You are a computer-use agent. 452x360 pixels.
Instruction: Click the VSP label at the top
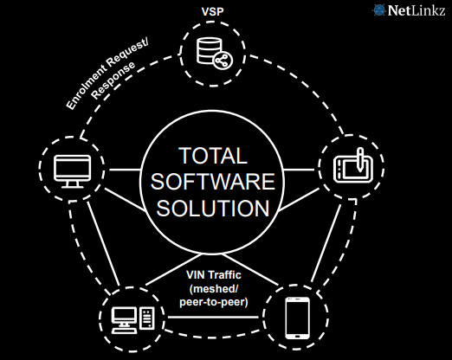pyautogui.click(x=212, y=11)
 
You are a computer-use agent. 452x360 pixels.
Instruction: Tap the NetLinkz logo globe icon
pyautogui.click(x=378, y=10)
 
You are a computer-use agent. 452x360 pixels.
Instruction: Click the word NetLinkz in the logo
pyautogui.click(x=416, y=10)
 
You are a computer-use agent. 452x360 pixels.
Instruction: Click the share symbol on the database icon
pyautogui.click(x=223, y=61)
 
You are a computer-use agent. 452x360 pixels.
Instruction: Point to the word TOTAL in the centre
pyautogui.click(x=213, y=156)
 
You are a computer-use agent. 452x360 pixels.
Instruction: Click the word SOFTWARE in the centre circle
pyautogui.click(x=213, y=182)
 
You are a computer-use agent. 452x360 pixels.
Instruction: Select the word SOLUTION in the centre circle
pyautogui.click(x=213, y=209)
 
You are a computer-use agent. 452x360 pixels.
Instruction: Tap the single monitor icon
pyautogui.click(x=73, y=171)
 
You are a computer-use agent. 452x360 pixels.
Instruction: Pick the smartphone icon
pyautogui.click(x=297, y=318)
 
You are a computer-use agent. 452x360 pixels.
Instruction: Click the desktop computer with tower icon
pyautogui.click(x=133, y=320)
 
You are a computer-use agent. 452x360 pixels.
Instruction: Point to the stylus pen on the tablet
pyautogui.click(x=360, y=159)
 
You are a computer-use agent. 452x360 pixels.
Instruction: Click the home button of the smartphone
pyautogui.click(x=297, y=336)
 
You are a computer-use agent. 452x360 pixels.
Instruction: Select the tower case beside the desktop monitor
pyautogui.click(x=147, y=318)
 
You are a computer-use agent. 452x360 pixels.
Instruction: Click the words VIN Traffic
pyautogui.click(x=214, y=275)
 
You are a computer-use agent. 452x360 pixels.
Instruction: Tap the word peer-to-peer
pyautogui.click(x=214, y=302)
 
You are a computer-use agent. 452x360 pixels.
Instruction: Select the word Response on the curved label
pyautogui.click(x=113, y=80)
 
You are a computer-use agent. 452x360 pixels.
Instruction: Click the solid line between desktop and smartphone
pyautogui.click(x=213, y=318)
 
